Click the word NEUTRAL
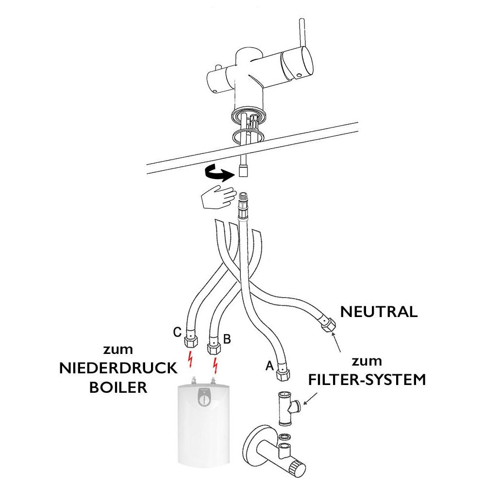[379, 312]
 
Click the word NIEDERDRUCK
[118, 368]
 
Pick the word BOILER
[118, 388]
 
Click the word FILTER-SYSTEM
[367, 379]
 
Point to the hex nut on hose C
[190, 341]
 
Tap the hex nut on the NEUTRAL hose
[329, 324]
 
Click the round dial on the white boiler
[204, 401]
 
